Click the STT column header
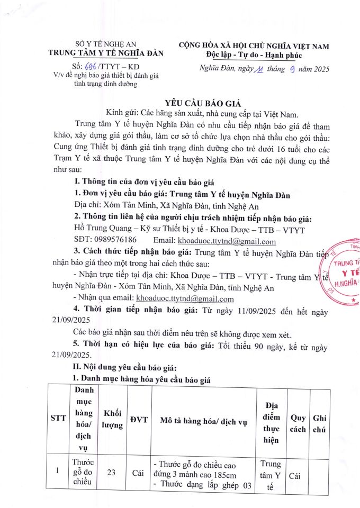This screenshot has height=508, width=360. [58, 418]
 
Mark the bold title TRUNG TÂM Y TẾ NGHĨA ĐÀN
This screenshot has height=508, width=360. [106, 53]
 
